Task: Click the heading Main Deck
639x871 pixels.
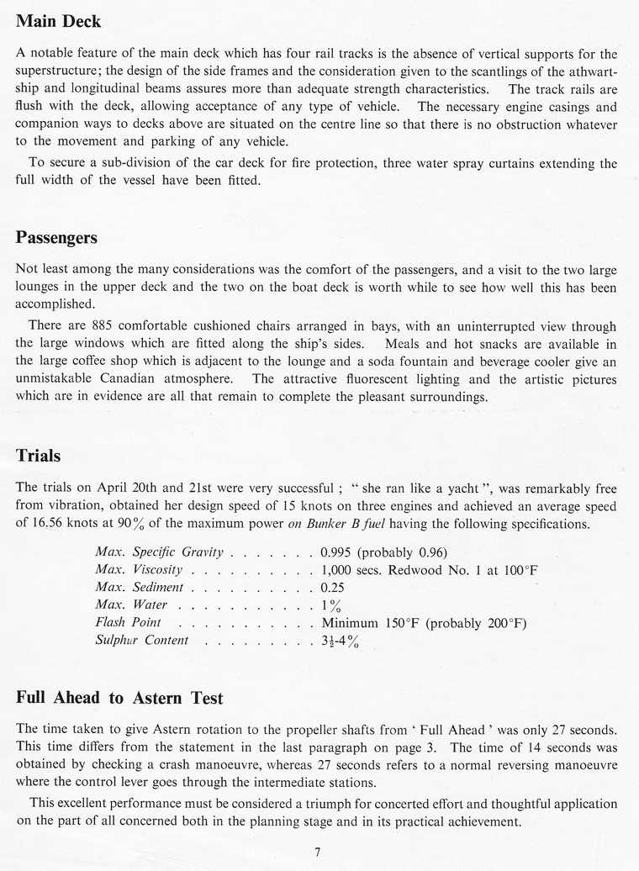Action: (x=58, y=22)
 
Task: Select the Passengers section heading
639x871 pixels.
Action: (x=56, y=238)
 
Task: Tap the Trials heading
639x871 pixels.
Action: (x=38, y=456)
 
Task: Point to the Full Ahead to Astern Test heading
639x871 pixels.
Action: (x=119, y=698)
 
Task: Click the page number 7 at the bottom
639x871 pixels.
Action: (x=317, y=852)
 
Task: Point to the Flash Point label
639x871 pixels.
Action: (x=128, y=623)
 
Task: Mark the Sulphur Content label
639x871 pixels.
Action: (x=142, y=641)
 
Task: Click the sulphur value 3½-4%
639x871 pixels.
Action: (x=341, y=641)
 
